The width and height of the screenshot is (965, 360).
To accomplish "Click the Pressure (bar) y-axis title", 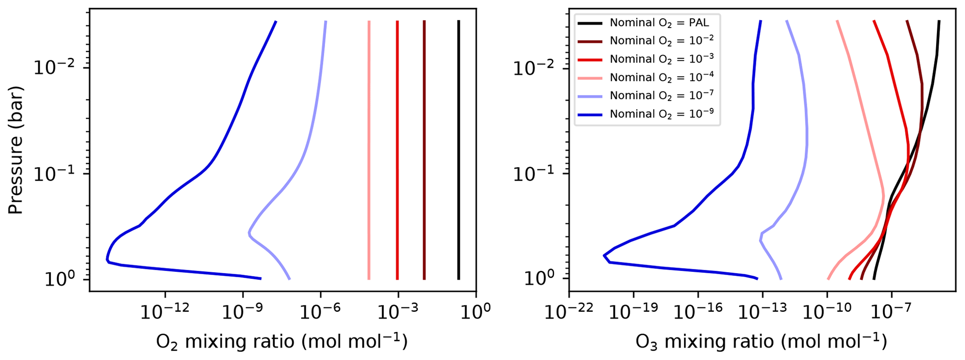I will pos(15,150).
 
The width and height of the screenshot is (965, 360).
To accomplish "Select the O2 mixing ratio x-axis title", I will pos(282,342).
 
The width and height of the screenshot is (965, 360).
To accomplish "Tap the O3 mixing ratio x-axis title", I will pos(761,342).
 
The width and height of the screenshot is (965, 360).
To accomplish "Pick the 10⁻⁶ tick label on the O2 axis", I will pos(321,311).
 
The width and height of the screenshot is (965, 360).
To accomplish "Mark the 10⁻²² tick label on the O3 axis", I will pos(569,311).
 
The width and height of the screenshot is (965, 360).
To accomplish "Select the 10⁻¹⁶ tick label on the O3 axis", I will pos(698,311).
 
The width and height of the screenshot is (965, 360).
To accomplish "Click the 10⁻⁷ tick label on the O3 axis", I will pos(892,311).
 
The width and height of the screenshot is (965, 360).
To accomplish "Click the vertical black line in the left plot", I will pos(458,149).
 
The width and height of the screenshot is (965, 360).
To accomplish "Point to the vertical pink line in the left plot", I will pos(369,149).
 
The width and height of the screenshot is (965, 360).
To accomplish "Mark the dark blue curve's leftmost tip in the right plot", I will pos(604,255).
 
